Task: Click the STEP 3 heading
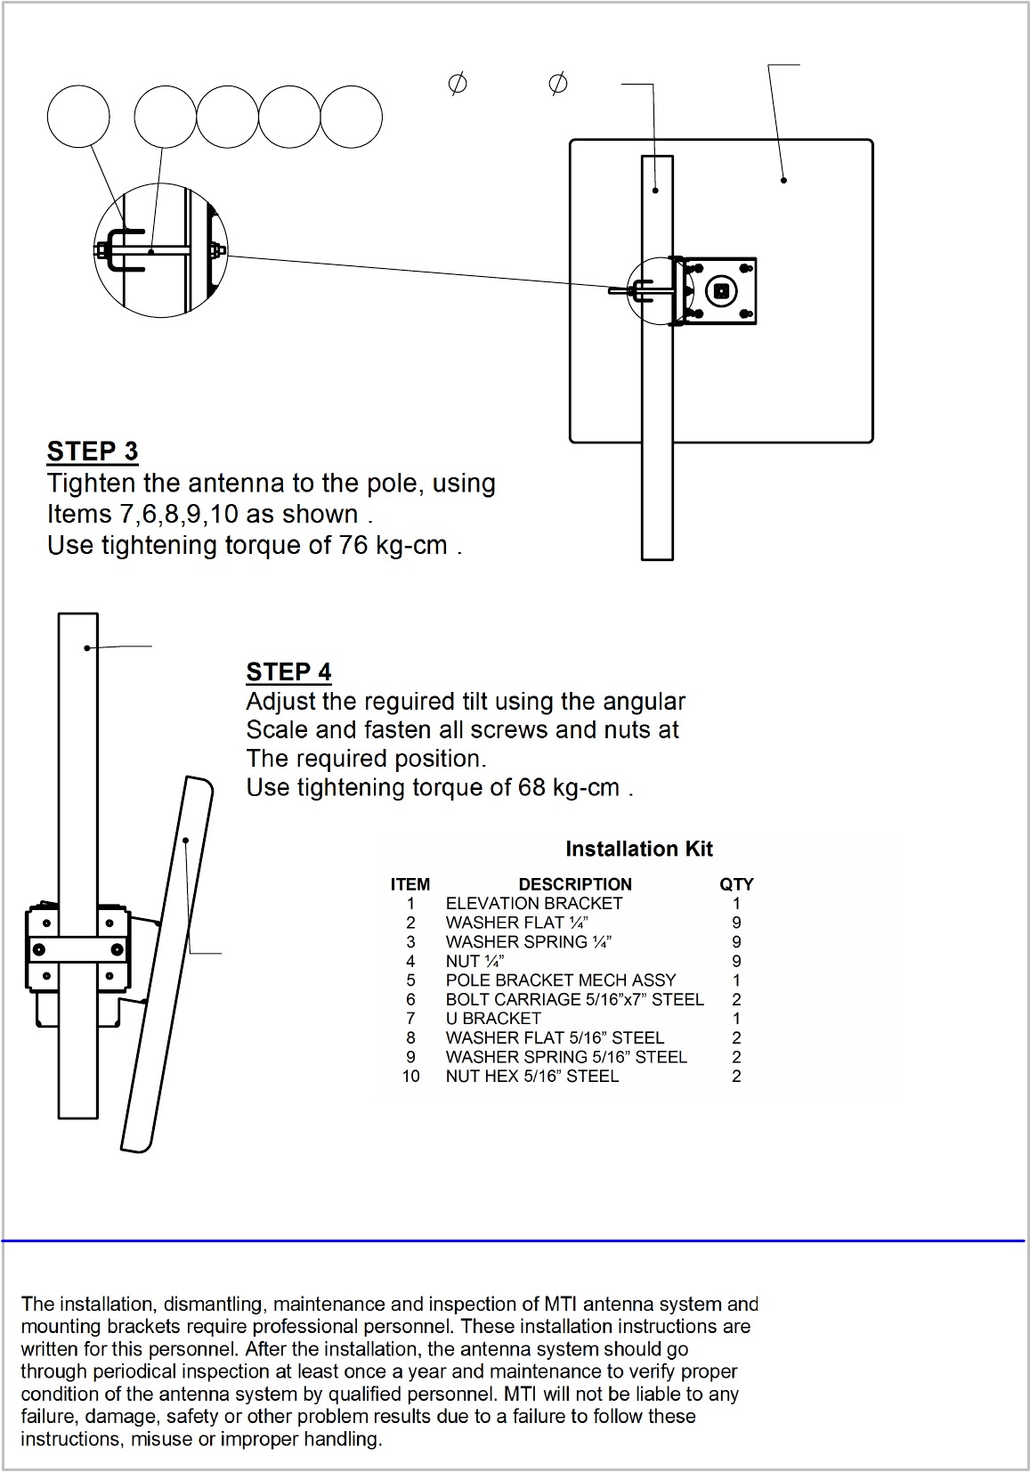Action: (92, 451)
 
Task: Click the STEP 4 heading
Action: (288, 671)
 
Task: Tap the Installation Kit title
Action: (638, 849)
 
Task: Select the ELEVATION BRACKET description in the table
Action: (533, 903)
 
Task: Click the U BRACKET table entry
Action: (492, 1018)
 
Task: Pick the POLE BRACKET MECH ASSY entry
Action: (560, 980)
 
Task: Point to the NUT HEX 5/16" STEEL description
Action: (532, 1076)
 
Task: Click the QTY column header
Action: (736, 884)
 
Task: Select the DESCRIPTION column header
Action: (575, 884)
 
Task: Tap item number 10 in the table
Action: (410, 1076)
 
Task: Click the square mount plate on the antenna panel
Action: (720, 290)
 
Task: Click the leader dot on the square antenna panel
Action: (783, 180)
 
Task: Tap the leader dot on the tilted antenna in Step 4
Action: (186, 841)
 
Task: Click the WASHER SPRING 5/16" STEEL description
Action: (566, 1057)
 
